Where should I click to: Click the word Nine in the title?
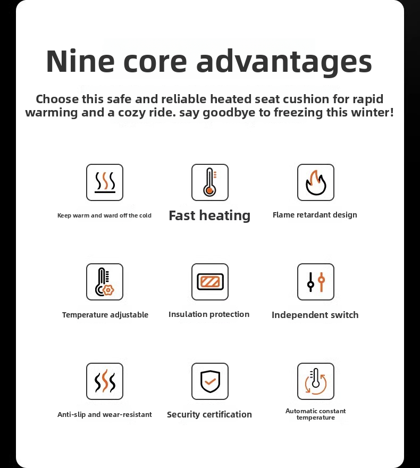click(80, 61)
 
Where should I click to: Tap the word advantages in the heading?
click(284, 63)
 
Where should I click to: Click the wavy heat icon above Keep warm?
click(105, 182)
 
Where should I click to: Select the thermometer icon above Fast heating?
click(210, 182)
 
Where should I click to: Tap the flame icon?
click(316, 182)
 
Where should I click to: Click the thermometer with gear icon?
click(105, 282)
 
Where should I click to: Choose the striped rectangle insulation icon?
click(210, 282)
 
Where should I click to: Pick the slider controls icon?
click(316, 282)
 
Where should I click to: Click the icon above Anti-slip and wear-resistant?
click(105, 381)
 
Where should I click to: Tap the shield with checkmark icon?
click(210, 381)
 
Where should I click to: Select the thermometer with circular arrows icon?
click(316, 381)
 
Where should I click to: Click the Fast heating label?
click(209, 215)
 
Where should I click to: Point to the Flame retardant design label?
click(315, 215)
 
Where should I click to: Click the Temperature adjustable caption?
click(105, 315)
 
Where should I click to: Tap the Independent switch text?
click(315, 315)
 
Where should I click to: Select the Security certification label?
click(209, 414)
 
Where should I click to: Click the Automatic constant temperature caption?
click(316, 414)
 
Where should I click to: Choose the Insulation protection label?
click(209, 314)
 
